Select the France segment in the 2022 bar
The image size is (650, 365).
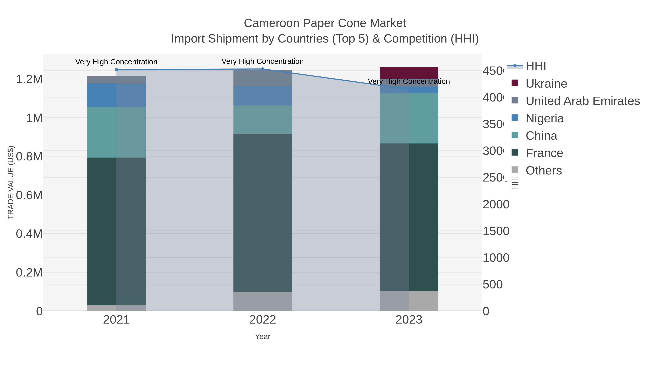coord(262,213)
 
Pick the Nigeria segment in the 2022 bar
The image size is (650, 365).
coord(262,96)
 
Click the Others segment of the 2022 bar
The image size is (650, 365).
coord(262,301)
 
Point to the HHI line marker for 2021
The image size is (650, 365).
coord(116,70)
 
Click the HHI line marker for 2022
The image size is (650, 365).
coord(262,69)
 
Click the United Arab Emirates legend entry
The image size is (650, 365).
coord(582,101)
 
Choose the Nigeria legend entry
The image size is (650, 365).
coord(545,118)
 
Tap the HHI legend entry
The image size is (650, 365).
coord(536,66)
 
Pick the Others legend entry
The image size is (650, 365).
coord(543,171)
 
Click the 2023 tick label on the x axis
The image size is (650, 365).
coord(409,320)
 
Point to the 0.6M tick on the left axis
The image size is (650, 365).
coord(29,195)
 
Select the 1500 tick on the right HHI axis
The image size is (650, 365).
coord(496,231)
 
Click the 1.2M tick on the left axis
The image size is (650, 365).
coord(29,79)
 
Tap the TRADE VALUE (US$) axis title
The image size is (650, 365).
coord(11,182)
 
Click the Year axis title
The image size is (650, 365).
coord(262,337)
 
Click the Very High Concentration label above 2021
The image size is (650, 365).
coord(116,62)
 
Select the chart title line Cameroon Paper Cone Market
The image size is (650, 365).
coord(325,23)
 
